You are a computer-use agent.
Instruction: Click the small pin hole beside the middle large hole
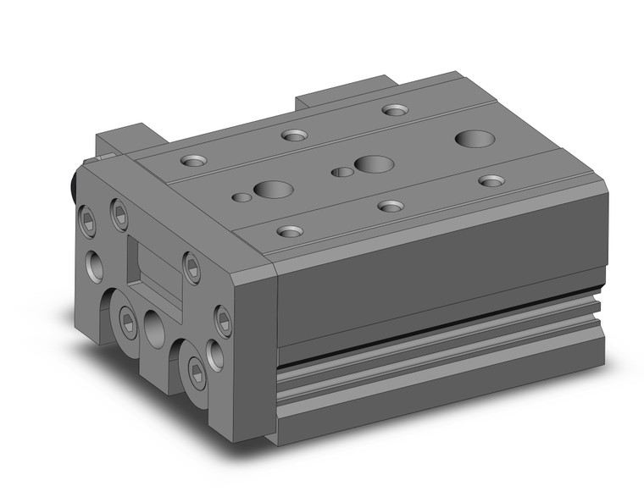(x=342, y=172)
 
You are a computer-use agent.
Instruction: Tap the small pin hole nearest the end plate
(x=241, y=197)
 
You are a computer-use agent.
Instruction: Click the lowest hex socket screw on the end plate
(x=197, y=377)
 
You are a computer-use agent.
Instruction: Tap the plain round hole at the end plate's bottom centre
(x=155, y=324)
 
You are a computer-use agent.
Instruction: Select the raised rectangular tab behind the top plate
(x=346, y=91)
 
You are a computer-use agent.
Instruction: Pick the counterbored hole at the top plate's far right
(x=491, y=180)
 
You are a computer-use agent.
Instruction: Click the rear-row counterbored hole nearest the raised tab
(x=394, y=109)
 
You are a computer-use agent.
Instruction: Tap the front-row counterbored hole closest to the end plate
(x=290, y=230)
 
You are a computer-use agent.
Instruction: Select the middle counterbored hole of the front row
(x=390, y=206)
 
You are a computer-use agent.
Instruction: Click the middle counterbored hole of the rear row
(x=294, y=135)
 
